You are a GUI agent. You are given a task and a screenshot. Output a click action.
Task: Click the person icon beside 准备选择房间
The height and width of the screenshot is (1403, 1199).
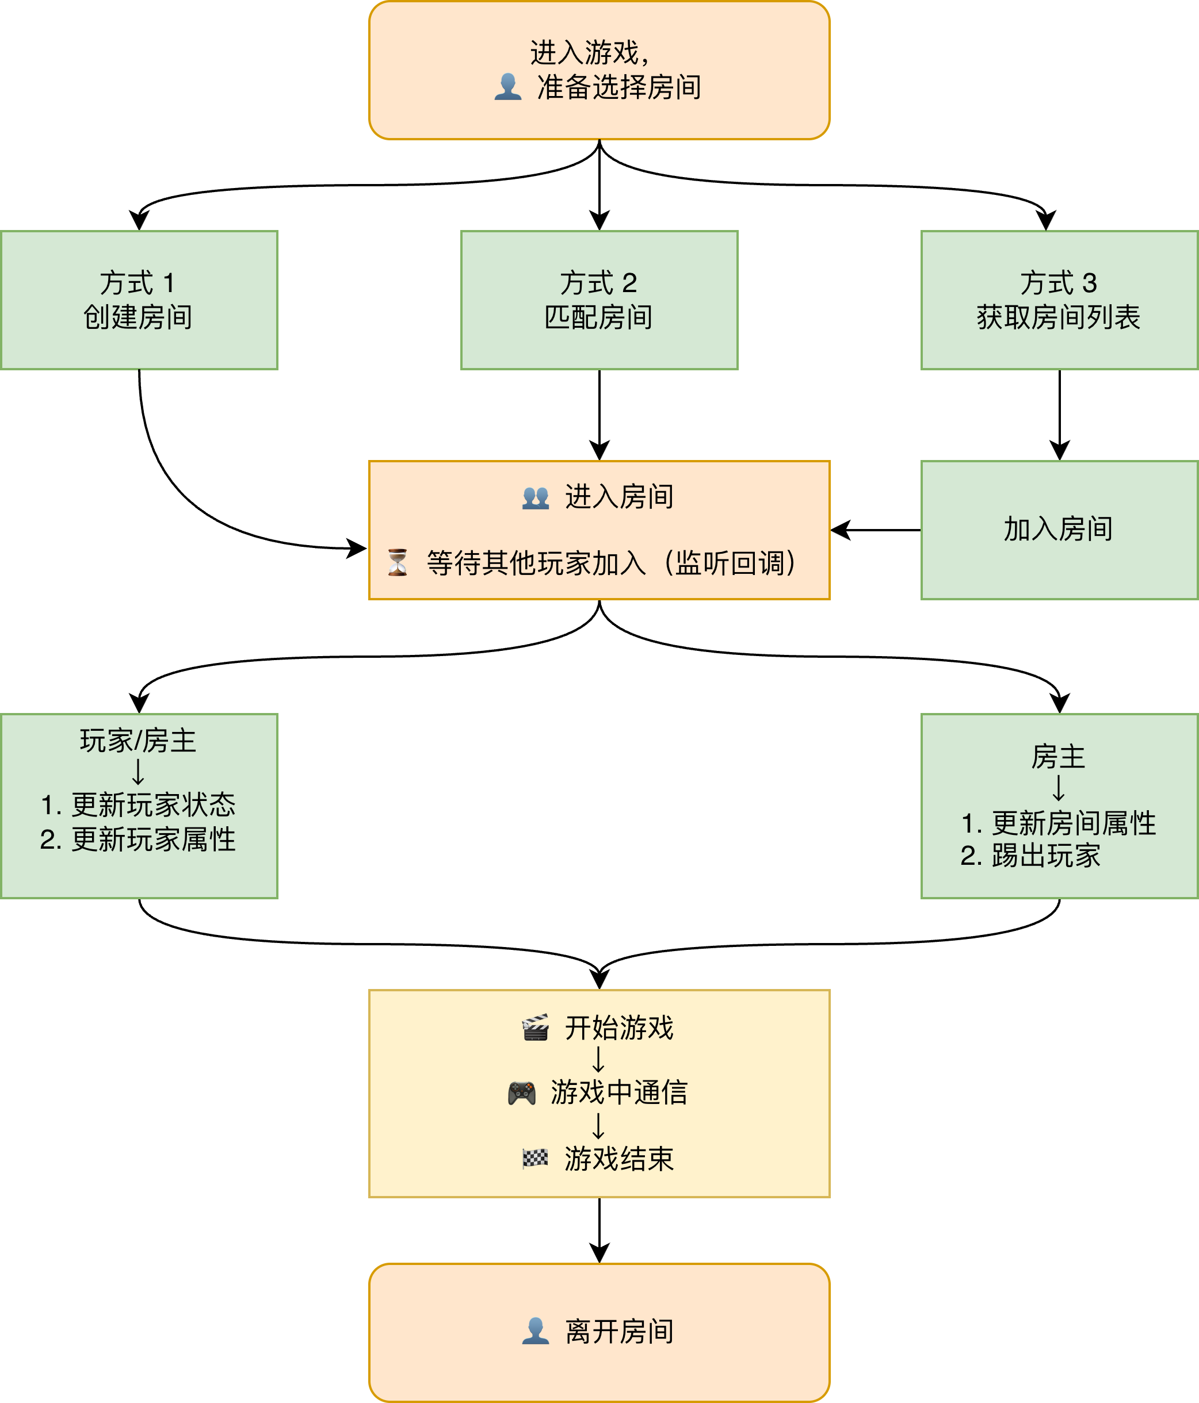507,87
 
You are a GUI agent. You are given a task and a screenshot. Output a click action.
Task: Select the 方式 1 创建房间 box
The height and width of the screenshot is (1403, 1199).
139,300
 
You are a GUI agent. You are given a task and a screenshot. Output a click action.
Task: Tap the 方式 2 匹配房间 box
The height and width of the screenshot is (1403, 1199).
599,300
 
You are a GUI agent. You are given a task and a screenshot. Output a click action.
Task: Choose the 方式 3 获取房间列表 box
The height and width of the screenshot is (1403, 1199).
1059,300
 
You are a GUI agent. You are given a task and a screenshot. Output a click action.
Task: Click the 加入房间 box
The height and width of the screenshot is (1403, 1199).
1059,530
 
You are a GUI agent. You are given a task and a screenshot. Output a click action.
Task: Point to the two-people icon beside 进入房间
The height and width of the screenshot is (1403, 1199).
535,498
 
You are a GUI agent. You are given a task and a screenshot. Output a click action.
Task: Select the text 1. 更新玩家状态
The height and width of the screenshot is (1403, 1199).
138,805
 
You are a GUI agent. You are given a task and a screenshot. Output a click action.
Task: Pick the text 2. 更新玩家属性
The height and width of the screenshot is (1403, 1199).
138,839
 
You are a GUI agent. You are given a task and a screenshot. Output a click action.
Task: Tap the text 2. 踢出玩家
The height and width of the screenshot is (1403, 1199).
1030,856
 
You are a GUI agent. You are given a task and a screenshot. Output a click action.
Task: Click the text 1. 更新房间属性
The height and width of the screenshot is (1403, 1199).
1058,823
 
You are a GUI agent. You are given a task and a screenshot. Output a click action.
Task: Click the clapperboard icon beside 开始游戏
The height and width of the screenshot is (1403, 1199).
535,1028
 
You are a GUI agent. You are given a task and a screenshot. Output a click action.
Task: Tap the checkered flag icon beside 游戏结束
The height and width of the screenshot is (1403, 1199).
535,1159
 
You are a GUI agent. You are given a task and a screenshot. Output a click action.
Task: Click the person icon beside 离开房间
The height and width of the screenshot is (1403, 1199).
535,1331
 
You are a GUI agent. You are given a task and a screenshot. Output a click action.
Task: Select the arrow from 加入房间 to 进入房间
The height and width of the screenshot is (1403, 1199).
875,530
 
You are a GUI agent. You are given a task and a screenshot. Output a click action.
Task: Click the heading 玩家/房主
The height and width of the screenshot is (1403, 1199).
138,741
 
